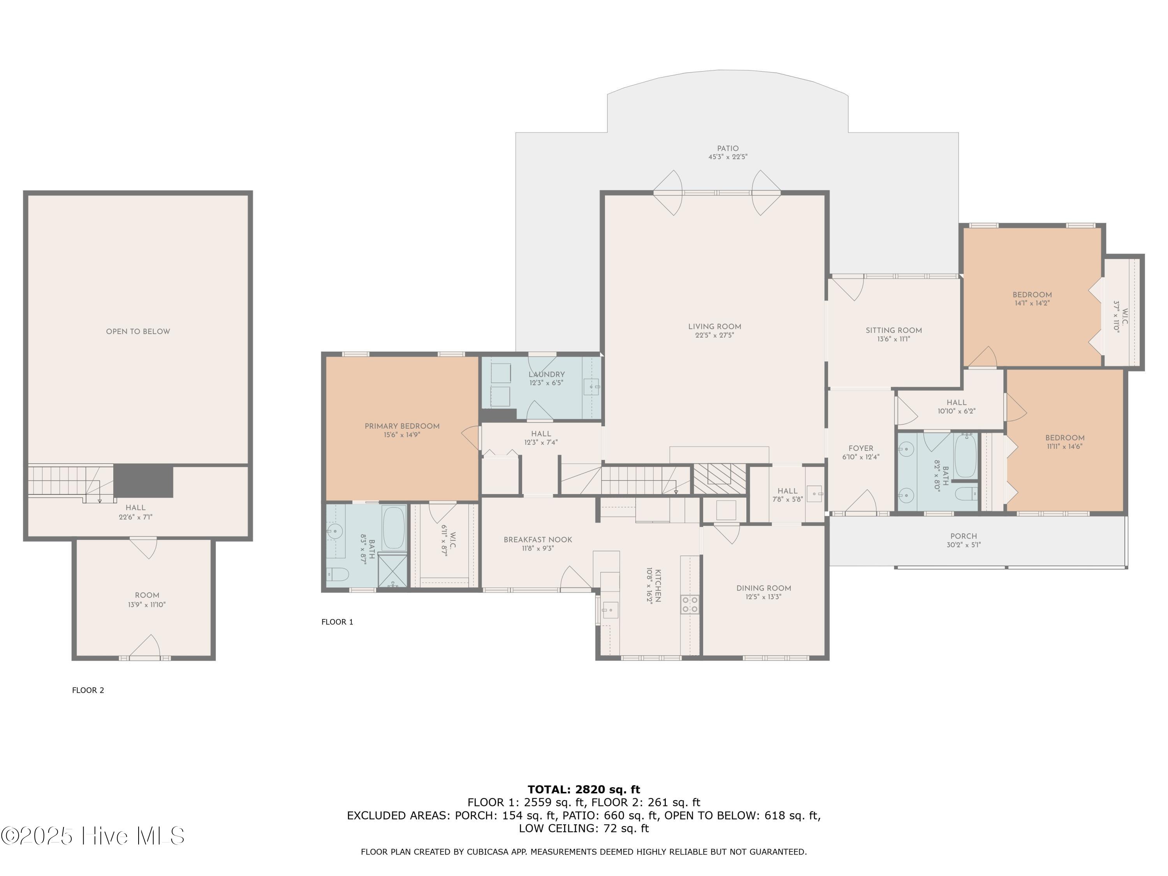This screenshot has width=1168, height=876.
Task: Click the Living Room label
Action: point(714,326)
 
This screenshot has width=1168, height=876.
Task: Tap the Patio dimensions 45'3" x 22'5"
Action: point(728,157)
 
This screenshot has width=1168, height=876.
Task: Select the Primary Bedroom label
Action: point(402,426)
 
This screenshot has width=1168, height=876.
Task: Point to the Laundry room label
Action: point(547,375)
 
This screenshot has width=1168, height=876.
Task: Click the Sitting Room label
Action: point(894,331)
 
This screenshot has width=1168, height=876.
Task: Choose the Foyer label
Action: point(861,448)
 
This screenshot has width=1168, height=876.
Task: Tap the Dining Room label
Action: point(763,588)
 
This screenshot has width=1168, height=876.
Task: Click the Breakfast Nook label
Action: point(538,540)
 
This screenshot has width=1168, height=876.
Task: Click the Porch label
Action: point(964,536)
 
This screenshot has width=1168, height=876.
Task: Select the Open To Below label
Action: point(138,332)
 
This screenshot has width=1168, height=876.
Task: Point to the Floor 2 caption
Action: point(88,690)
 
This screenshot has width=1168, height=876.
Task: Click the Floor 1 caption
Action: point(338,622)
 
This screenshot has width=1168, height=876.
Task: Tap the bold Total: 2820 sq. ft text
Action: point(584,790)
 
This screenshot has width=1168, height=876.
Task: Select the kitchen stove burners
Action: point(690,605)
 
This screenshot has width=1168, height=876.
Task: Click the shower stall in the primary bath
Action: point(393,571)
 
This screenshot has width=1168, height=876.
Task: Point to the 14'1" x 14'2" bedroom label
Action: point(1032,299)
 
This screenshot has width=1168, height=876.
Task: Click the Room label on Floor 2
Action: point(147,595)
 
